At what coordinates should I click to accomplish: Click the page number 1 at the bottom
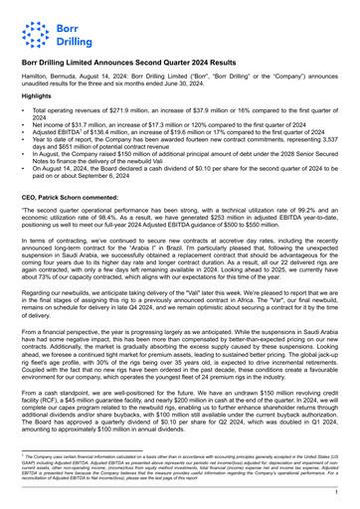(337, 491)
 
